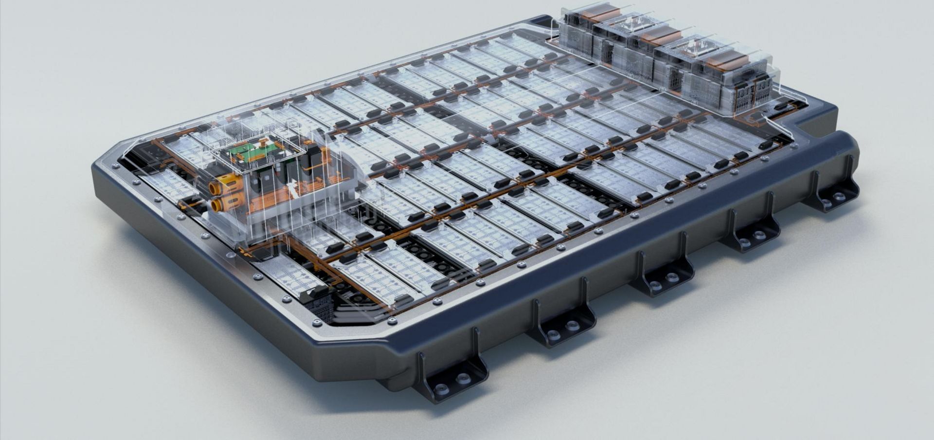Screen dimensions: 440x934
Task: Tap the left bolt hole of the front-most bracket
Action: pos(441,388)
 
